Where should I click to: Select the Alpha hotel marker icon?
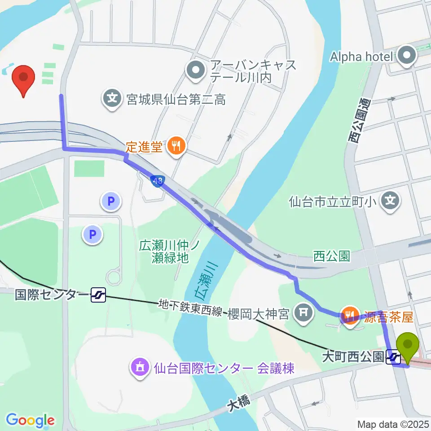click(x=408, y=57)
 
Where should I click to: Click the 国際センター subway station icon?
click(x=98, y=295)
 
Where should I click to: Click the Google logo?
click(x=30, y=420)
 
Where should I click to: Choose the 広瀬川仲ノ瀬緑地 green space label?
click(x=168, y=251)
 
